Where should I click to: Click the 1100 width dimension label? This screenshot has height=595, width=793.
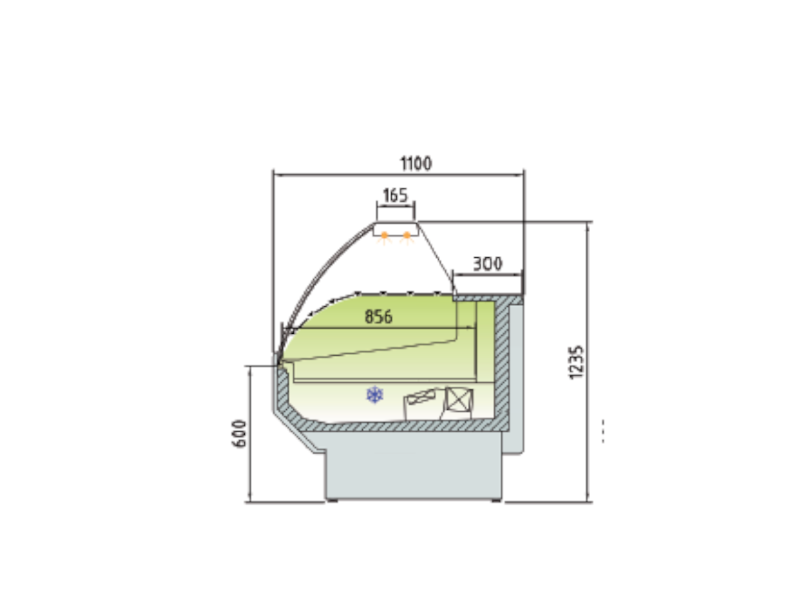[x=416, y=163]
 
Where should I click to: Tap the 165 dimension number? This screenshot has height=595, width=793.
[x=395, y=195]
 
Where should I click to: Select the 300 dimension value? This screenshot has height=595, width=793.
[x=487, y=263]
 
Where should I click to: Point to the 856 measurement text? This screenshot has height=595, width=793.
[x=378, y=317]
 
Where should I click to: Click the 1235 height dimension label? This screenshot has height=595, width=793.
[x=576, y=362]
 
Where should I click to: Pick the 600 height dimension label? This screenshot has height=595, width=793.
[x=239, y=434]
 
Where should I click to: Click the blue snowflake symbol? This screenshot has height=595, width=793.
[x=375, y=395]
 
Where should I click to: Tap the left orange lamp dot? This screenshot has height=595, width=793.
[x=385, y=235]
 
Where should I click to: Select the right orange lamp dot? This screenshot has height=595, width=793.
[x=407, y=235]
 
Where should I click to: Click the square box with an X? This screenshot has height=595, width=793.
[x=459, y=399]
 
